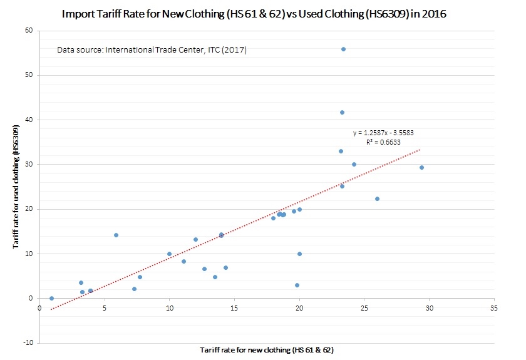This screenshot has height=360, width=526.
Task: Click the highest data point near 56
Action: tap(343, 49)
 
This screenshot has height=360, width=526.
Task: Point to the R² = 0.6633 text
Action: tap(384, 142)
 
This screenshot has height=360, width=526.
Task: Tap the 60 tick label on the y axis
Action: tap(28, 31)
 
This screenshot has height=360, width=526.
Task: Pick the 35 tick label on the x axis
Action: tap(494, 309)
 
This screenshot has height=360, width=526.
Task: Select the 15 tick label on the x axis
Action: tap(234, 309)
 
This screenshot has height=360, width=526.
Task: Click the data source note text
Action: tap(152, 49)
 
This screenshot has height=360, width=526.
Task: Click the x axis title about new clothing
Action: tap(271, 349)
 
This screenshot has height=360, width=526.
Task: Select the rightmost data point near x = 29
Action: tap(421, 167)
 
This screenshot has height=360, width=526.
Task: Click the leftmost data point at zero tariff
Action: tap(51, 298)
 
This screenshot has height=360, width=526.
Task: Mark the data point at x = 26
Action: tap(377, 198)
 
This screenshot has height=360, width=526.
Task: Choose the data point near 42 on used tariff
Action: tap(342, 112)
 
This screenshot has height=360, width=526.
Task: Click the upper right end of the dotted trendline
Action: tap(420, 150)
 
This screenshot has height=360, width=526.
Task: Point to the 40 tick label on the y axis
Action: tap(28, 120)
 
